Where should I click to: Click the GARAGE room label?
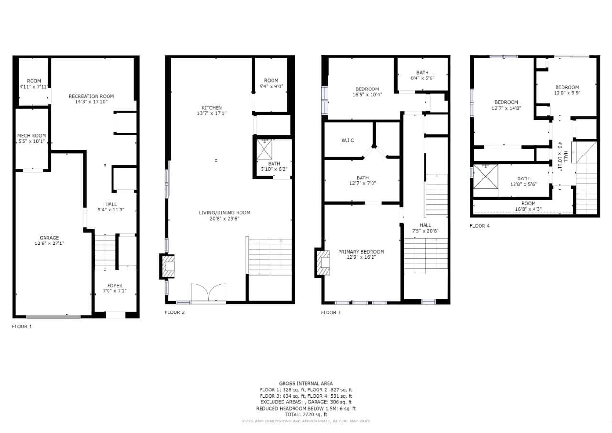(49, 238)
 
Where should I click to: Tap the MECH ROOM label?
(32, 135)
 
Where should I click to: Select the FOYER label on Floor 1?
(115, 285)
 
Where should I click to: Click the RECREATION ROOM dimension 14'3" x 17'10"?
(91, 102)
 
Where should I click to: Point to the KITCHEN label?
(212, 108)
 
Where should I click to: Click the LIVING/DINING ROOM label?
(224, 213)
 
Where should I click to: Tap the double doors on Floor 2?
(208, 292)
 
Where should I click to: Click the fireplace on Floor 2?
(167, 266)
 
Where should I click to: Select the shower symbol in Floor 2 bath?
(264, 150)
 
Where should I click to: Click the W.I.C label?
(348, 140)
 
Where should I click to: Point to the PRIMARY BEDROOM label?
(361, 252)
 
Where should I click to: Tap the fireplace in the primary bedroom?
(323, 263)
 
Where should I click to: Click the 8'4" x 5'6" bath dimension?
(422, 78)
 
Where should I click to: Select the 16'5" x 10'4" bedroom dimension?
(367, 95)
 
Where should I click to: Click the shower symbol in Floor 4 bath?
(485, 177)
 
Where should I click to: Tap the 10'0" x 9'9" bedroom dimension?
(567, 93)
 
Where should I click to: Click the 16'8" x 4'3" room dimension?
(528, 209)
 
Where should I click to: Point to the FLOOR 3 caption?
(331, 313)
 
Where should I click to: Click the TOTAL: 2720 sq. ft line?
(306, 415)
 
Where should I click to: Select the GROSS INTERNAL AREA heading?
(306, 384)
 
